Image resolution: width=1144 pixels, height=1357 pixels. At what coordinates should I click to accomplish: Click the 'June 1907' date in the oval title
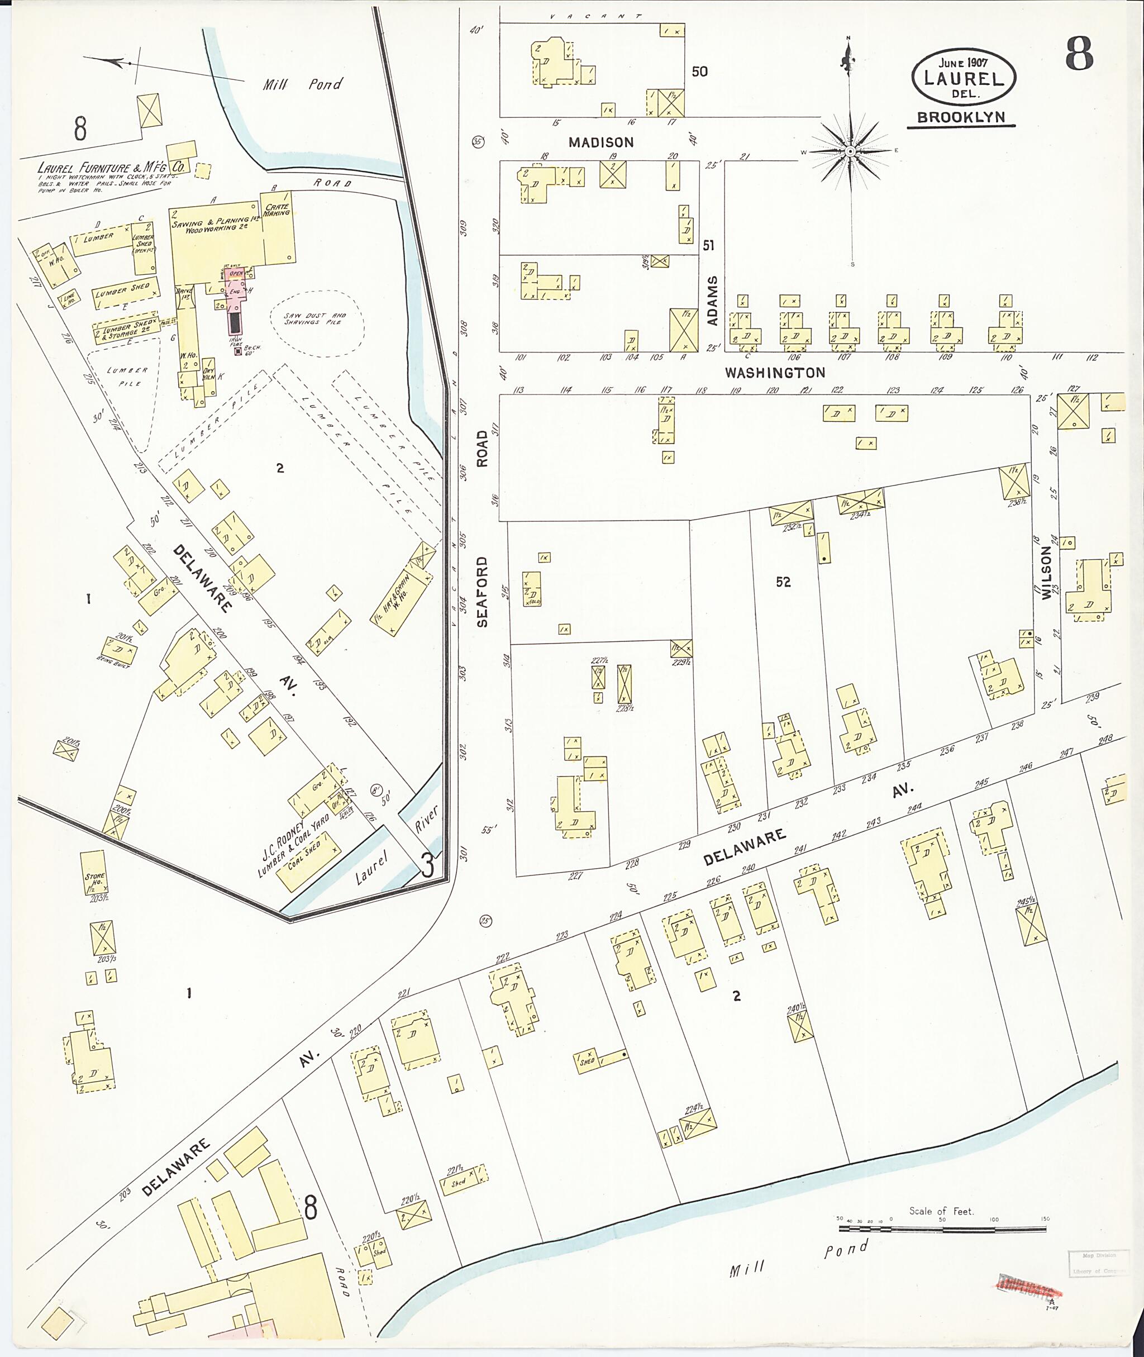pos(962,63)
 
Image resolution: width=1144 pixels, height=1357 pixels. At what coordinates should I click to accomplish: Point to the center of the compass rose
pos(850,152)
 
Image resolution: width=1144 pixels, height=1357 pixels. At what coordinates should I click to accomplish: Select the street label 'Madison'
pos(600,142)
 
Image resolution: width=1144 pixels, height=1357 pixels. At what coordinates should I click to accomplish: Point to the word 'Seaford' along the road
pos(482,591)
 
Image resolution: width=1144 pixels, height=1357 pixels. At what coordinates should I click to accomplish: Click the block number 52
pos(783,582)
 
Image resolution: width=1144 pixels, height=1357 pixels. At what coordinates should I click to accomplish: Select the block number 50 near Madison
pos(699,72)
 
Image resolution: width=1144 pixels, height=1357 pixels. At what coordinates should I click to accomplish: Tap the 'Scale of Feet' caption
pos(941,1211)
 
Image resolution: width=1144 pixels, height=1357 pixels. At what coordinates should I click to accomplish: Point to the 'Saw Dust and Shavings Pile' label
pos(315,318)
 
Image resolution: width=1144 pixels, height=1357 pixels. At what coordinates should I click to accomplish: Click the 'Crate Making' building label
pos(277,209)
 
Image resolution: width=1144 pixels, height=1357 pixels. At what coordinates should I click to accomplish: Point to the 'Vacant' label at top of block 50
pos(595,16)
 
